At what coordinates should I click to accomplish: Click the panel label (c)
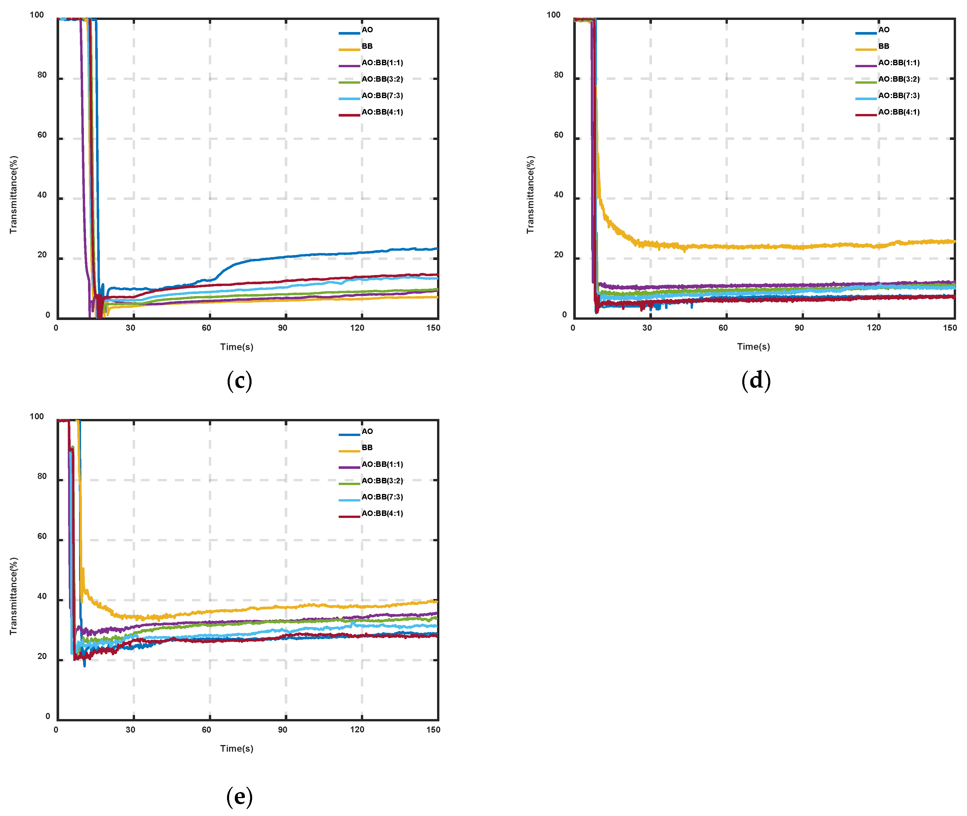pos(239,381)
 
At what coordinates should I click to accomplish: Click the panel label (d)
pos(756,381)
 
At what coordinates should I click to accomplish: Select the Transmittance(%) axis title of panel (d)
pos(531,194)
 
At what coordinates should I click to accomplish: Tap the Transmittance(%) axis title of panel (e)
pos(14,596)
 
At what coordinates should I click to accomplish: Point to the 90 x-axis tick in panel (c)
pos(282,328)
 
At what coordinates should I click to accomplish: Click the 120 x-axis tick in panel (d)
pos(874,328)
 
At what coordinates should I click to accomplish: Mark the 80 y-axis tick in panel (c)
pos(42,75)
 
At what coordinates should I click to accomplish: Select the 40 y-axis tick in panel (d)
pos(559,195)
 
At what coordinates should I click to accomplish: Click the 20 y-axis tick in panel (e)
pos(42,656)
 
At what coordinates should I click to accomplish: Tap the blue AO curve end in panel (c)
pos(436,249)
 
